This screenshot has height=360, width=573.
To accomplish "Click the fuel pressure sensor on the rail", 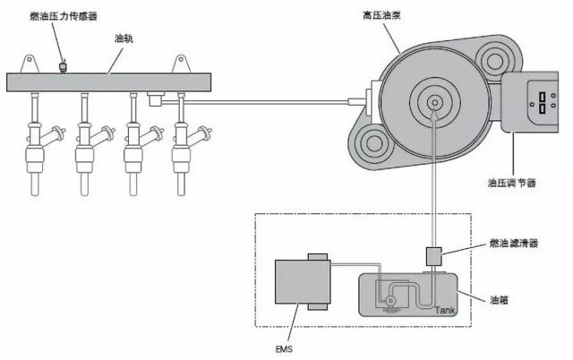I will (64, 67).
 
